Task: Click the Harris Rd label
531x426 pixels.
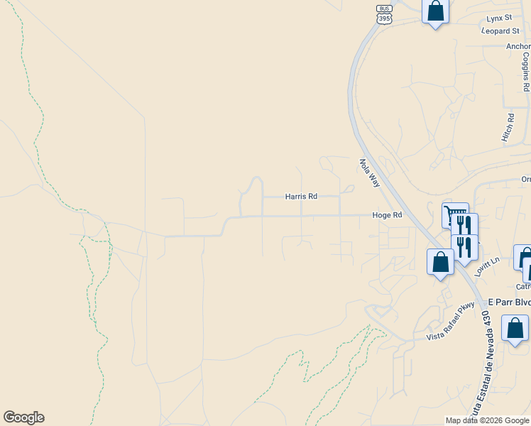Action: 301,196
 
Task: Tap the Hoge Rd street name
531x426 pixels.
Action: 388,215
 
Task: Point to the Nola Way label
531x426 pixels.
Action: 370,173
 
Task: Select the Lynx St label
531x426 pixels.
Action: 499,18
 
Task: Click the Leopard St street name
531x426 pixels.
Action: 500,31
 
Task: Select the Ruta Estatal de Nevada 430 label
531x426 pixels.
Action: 488,370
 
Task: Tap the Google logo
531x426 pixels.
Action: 23,417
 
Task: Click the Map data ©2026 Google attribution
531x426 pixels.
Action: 487,420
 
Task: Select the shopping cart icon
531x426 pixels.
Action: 455,214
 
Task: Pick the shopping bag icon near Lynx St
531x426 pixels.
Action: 435,11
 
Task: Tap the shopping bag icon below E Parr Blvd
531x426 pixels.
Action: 515,328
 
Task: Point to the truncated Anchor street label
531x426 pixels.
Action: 518,47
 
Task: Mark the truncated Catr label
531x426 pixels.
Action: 522,287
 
